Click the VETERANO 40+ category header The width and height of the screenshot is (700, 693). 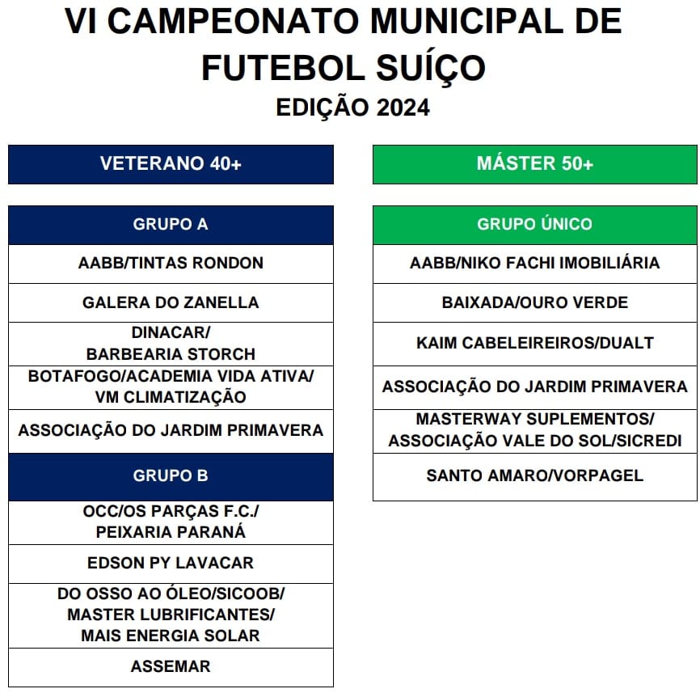[171, 164]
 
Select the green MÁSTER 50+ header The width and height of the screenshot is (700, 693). [534, 164]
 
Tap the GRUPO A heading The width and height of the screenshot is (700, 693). [171, 225]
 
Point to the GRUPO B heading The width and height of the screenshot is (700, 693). [171, 476]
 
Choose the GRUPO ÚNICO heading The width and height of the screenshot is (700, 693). [534, 225]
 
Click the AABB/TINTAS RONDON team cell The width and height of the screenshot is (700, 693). [171, 264]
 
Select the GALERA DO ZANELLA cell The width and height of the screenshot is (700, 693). [171, 303]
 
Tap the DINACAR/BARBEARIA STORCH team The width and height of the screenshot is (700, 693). [171, 344]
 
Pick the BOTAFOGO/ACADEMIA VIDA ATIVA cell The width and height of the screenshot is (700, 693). [171, 387]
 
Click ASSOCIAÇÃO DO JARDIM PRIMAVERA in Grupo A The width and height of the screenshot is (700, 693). [171, 431]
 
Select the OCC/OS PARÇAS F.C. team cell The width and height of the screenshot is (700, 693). [171, 522]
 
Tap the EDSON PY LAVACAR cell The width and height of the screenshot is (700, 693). [171, 564]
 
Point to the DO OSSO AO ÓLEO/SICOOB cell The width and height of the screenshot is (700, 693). [171, 615]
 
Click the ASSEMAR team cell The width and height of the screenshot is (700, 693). [171, 667]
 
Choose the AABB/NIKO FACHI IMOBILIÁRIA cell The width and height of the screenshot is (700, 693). [534, 264]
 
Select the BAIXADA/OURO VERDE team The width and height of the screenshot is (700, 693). [534, 303]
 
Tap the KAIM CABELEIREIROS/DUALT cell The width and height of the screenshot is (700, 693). [534, 344]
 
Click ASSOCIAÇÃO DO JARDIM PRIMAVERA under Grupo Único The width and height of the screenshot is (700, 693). [534, 387]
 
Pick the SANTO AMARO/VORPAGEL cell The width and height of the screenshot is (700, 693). [534, 476]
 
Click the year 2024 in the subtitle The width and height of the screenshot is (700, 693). [403, 108]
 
